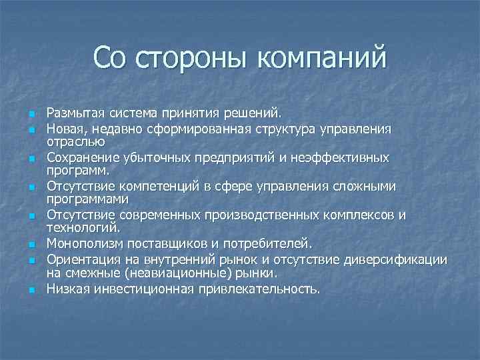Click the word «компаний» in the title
320,57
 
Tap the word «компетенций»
154,187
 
